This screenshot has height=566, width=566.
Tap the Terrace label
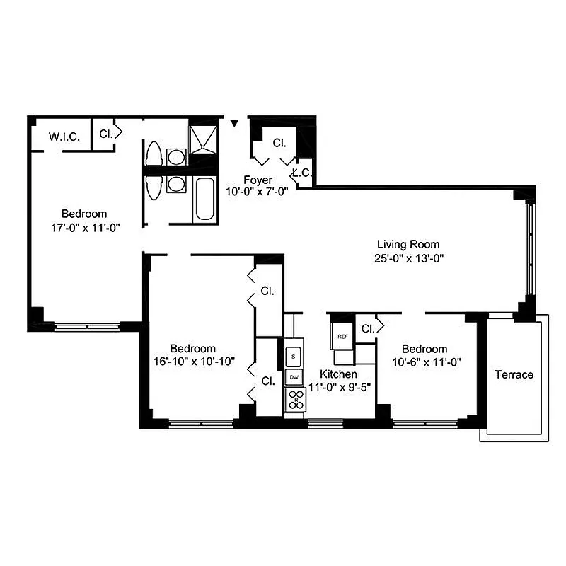(514, 374)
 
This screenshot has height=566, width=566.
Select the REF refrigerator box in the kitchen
(342, 336)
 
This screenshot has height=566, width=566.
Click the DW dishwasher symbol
(294, 377)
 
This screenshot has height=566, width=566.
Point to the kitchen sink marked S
(294, 356)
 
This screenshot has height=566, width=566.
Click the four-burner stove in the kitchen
(294, 400)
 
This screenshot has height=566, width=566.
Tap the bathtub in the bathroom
(205, 200)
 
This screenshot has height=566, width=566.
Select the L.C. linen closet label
(302, 172)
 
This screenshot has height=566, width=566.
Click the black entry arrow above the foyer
(235, 124)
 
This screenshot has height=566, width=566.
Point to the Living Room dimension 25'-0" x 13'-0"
(410, 258)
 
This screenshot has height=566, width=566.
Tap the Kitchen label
(338, 374)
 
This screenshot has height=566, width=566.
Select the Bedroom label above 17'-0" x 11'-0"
(84, 214)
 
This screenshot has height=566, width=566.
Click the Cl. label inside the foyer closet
(279, 143)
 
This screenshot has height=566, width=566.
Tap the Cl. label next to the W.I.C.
(105, 133)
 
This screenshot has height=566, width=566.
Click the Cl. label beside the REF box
(367, 328)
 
